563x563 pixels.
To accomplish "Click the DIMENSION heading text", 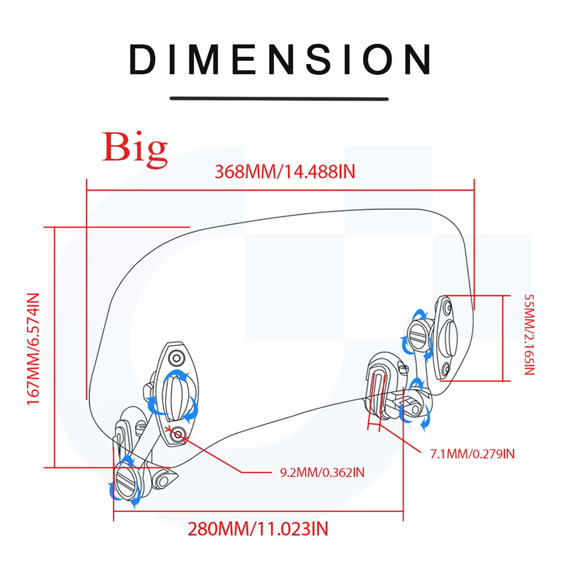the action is (280, 59).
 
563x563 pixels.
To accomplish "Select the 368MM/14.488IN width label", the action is (285, 171).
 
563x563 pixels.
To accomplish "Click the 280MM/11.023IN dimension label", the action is (258, 529).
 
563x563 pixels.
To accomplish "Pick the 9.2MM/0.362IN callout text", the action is (322, 472).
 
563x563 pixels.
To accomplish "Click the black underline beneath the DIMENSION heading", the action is (279, 99).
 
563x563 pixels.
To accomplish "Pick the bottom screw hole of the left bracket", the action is (179, 432).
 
